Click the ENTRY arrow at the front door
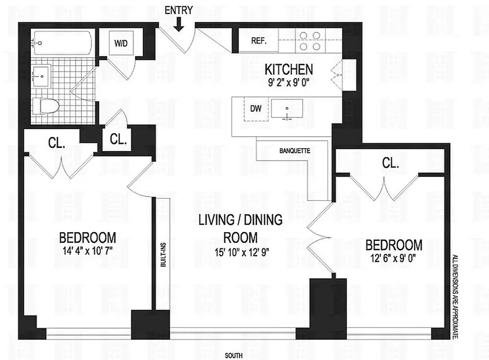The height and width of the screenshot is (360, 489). click(x=179, y=24)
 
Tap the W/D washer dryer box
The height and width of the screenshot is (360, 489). click(x=120, y=44)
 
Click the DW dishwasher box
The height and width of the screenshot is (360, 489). click(x=256, y=109)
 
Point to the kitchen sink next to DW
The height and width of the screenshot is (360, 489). click(x=287, y=110)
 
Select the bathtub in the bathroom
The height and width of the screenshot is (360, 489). click(x=63, y=43)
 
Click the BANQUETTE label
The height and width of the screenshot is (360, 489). click(x=295, y=151)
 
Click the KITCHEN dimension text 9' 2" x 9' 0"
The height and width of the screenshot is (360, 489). click(x=288, y=82)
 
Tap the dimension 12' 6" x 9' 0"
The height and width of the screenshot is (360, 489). click(x=394, y=258)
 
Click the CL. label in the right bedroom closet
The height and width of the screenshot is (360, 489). click(x=390, y=164)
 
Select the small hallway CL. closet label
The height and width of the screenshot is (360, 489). click(x=118, y=139)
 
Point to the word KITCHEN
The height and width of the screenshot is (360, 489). click(x=288, y=70)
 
